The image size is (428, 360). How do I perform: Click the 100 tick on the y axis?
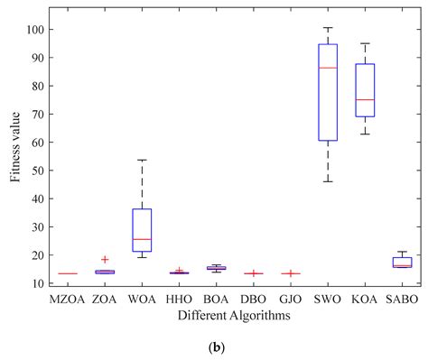(x=36, y=29)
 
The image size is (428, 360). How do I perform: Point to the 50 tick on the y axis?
(x=39, y=171)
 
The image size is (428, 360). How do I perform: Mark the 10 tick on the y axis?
(x=39, y=283)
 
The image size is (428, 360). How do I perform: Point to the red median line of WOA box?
(x=142, y=239)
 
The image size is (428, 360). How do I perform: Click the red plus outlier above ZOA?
(x=105, y=259)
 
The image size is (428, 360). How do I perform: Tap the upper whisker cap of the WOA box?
(x=142, y=160)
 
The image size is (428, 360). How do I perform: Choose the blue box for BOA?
(x=216, y=268)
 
